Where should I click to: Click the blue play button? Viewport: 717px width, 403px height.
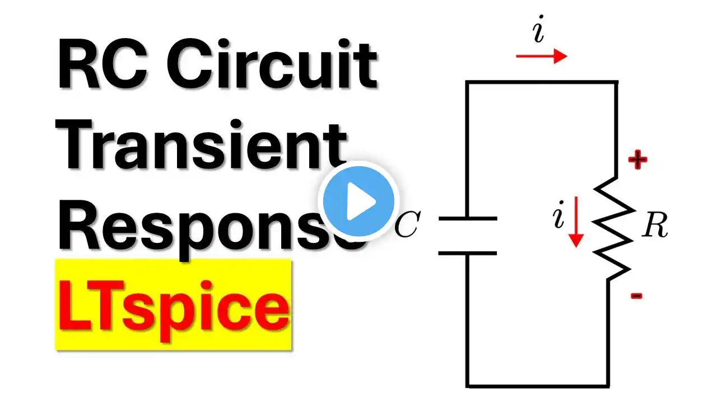click(x=358, y=201)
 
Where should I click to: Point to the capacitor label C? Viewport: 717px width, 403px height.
click(x=407, y=227)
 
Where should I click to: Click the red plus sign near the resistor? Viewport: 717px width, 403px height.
click(x=637, y=161)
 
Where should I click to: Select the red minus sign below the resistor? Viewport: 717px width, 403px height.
click(x=636, y=296)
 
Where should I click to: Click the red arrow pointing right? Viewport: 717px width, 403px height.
click(x=541, y=56)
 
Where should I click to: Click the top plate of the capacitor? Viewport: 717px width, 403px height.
click(x=468, y=218)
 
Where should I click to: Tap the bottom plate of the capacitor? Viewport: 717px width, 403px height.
click(x=468, y=253)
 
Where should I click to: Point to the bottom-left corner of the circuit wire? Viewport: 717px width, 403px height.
click(x=468, y=385)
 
